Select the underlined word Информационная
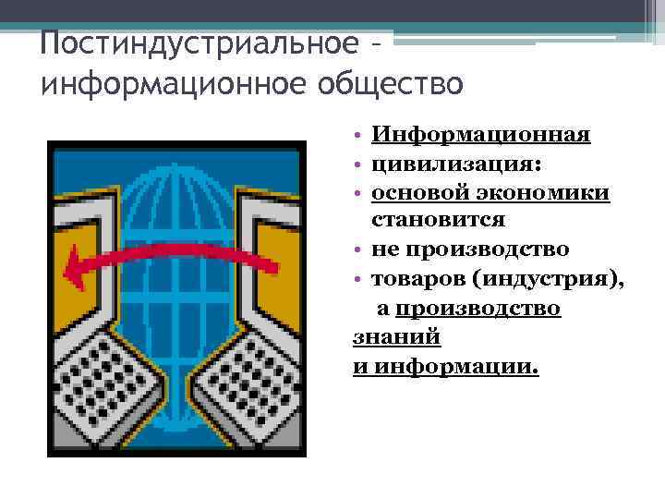tap(480, 136)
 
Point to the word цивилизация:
tap(456, 164)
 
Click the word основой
tap(420, 192)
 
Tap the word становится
tap(438, 220)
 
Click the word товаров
tap(417, 277)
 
